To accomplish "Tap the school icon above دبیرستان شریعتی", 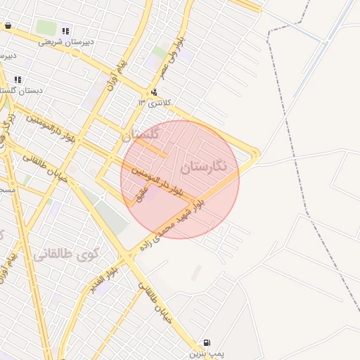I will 65,31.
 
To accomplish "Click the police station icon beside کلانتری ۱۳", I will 154,92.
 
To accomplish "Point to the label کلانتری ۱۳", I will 154,103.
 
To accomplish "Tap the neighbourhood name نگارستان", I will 204,167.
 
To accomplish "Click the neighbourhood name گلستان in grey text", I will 141,133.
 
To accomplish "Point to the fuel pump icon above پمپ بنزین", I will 205,343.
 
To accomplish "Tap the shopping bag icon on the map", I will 8,26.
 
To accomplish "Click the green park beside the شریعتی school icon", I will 46,27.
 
